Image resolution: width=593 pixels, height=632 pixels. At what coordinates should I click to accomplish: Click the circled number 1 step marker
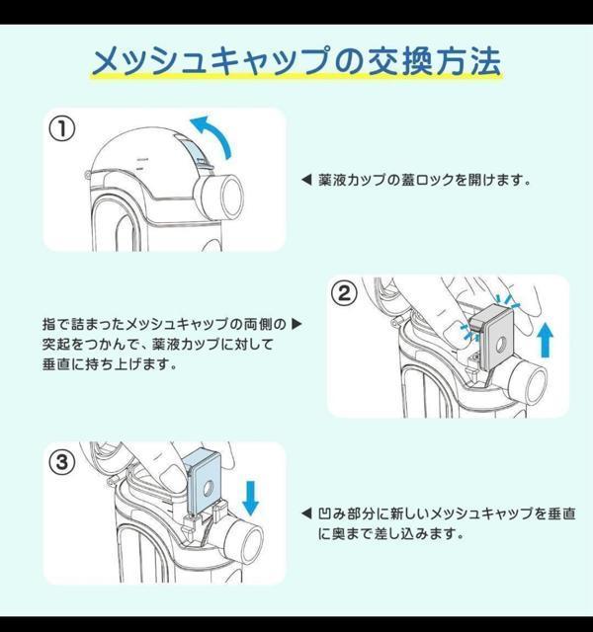[61, 129]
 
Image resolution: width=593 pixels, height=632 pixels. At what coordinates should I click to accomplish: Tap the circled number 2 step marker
[344, 294]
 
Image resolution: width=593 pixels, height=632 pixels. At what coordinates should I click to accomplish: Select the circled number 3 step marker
[61, 462]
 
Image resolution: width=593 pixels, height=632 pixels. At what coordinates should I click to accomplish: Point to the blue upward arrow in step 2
[546, 340]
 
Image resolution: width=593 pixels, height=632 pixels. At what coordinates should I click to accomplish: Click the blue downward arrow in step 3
[251, 498]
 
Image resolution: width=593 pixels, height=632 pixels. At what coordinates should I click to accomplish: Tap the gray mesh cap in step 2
[494, 337]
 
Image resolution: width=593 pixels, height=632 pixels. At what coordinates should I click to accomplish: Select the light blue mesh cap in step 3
[205, 482]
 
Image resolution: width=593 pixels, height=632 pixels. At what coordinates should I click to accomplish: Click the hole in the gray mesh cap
[501, 344]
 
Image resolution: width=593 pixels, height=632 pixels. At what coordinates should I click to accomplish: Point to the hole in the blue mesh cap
[209, 489]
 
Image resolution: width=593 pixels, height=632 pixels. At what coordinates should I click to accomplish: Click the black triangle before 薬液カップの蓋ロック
[306, 180]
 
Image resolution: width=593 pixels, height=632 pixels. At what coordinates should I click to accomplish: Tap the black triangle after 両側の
[296, 324]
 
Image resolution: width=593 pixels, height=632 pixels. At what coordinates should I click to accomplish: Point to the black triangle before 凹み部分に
[306, 513]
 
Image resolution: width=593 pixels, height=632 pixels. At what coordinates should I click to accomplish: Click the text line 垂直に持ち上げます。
[110, 364]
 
